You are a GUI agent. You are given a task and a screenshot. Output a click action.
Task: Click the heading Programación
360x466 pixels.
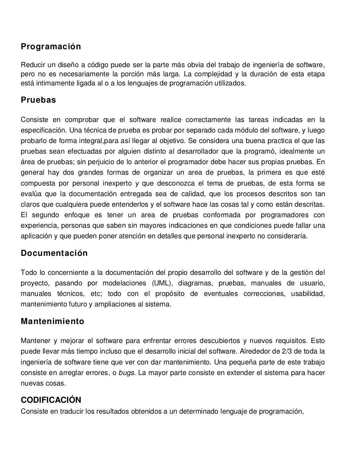[x=51, y=47]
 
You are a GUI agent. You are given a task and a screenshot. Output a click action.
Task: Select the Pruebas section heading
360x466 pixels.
[x=38, y=100]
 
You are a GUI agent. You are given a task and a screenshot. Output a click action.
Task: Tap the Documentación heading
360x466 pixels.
[x=54, y=253]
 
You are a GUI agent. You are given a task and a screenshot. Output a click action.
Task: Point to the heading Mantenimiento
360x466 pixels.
[x=52, y=322]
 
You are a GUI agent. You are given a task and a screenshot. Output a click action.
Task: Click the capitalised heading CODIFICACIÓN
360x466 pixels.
[x=51, y=400]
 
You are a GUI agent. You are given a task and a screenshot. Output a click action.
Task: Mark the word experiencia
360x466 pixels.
[x=38, y=225]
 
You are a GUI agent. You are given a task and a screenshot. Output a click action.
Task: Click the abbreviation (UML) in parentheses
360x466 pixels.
[x=162, y=283]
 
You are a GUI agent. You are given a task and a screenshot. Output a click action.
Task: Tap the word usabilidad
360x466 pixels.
[x=308, y=294]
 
